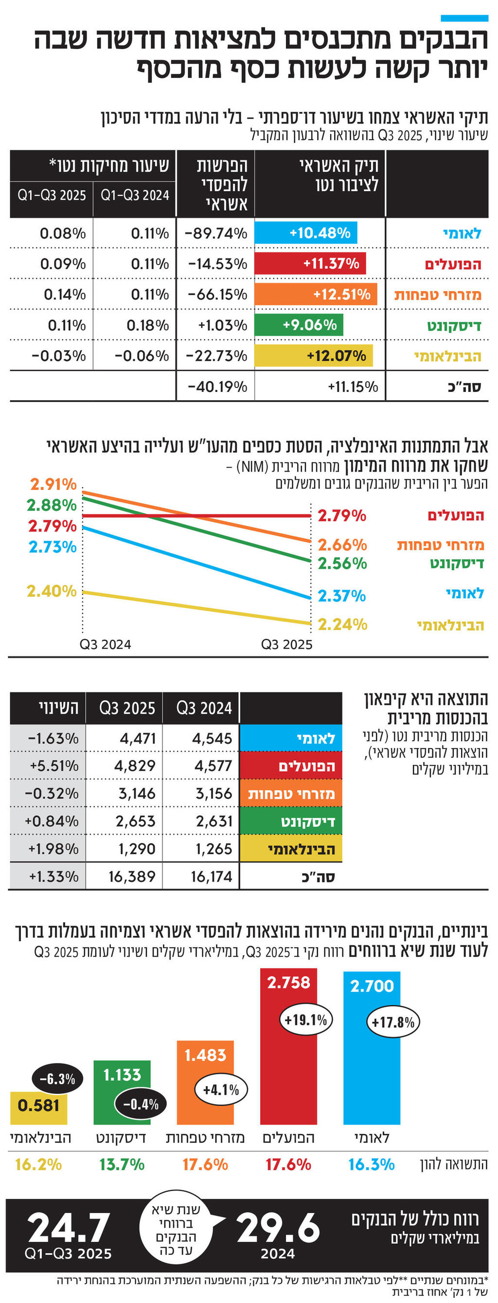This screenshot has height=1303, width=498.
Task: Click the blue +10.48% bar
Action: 306,233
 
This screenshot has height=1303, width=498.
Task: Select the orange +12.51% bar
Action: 316,294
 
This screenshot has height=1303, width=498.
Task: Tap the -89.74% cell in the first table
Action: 216,233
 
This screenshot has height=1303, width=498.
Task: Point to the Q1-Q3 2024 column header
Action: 135,195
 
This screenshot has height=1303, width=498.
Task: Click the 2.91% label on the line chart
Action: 53,484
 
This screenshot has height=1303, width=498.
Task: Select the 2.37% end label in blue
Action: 341,596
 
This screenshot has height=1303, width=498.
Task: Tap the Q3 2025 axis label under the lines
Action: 286,644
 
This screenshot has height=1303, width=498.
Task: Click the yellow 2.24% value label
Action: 342,625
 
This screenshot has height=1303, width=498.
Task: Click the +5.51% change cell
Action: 53,766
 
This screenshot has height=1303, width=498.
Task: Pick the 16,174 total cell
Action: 211,877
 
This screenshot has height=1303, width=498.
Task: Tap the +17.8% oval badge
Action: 393,1022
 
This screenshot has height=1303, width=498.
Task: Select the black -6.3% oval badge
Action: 57,1079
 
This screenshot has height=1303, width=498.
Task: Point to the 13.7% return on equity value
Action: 122,1165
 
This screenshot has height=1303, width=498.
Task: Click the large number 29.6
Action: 278,1227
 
